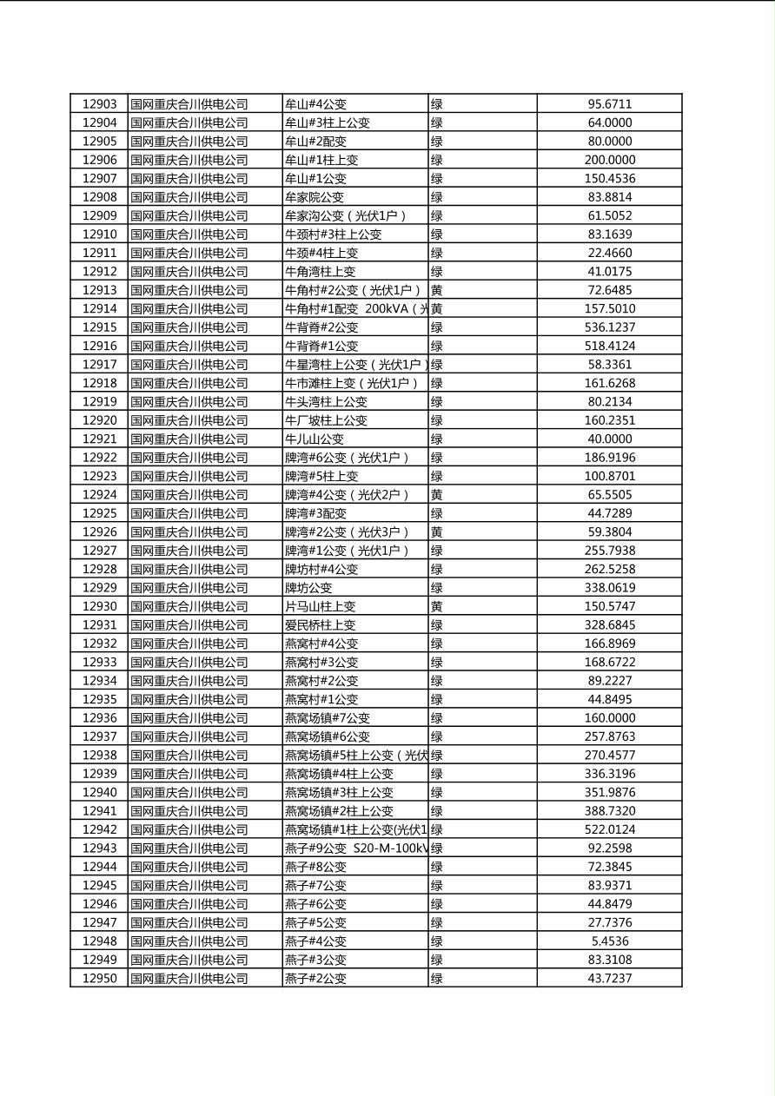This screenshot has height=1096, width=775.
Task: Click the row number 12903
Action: coord(99,104)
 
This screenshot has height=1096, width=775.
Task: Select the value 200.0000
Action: coord(609,160)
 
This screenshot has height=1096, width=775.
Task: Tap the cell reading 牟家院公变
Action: coord(315,197)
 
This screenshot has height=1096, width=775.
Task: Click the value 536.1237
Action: coord(609,327)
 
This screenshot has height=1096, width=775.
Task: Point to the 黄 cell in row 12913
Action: coord(437,290)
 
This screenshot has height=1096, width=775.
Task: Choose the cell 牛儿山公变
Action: coord(315,439)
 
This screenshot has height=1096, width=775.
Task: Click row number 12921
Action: coord(99,439)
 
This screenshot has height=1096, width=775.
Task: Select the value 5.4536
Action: coord(609,941)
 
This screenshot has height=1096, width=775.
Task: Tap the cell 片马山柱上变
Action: coord(321,606)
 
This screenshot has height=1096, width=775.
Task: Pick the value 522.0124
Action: coord(609,829)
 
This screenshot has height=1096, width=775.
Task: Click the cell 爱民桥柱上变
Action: coord(321,625)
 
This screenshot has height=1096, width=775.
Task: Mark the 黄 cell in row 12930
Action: coord(437,606)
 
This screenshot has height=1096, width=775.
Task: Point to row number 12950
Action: coord(99,979)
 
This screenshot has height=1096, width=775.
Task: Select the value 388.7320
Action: coord(609,811)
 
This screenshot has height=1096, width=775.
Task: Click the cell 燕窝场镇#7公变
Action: coord(328,718)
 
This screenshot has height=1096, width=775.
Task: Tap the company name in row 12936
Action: coord(189,718)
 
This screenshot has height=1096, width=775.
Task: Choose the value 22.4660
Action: coord(609,253)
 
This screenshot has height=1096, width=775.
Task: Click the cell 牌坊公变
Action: coord(308,588)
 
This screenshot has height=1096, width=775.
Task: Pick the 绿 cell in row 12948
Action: coord(437,941)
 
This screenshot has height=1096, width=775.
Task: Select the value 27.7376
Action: coord(609,923)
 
